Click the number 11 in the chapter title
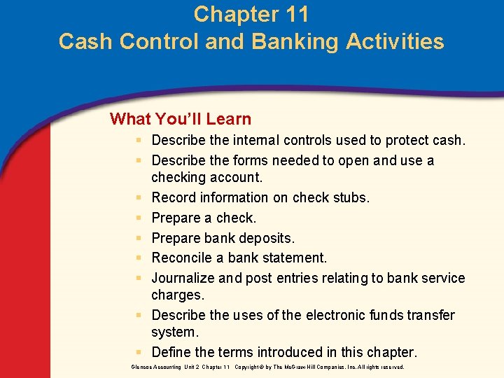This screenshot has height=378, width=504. coord(295,14)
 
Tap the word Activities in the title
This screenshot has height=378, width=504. coord(392,41)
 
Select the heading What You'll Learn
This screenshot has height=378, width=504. coord(181,119)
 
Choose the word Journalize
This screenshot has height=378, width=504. coord(183,278)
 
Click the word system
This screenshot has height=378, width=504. coord(175,332)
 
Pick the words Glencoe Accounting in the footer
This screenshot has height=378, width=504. coord(155,367)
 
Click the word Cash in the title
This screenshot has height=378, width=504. coord(87,41)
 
